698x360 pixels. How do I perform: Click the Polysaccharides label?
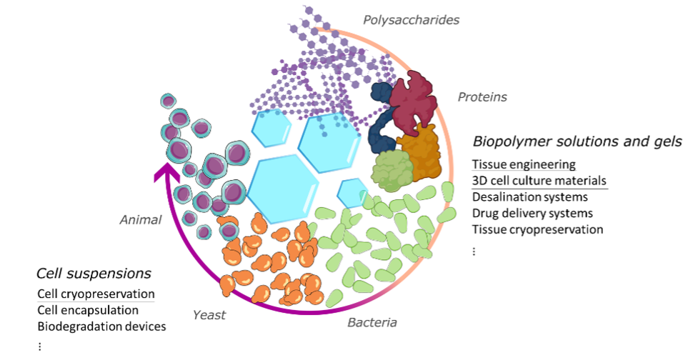click(x=411, y=19)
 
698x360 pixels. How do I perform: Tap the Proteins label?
click(x=482, y=97)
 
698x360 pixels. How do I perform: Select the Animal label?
click(x=140, y=220)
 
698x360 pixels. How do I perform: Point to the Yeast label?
click(x=209, y=314)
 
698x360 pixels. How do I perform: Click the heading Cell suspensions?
click(x=94, y=273)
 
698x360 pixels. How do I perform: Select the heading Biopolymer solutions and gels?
click(x=577, y=141)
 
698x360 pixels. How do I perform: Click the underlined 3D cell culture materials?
click(x=539, y=181)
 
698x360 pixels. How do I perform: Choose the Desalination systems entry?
click(x=530, y=196)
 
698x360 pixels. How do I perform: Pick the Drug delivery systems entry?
click(x=532, y=213)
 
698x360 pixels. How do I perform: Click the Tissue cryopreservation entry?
click(x=537, y=229)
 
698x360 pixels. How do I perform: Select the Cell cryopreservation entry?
click(x=96, y=294)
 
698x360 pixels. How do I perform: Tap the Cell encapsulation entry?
click(x=88, y=310)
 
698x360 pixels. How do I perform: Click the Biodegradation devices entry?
click(x=101, y=326)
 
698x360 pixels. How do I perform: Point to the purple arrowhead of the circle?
click(x=167, y=174)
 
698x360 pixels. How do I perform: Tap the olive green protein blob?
click(x=392, y=170)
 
